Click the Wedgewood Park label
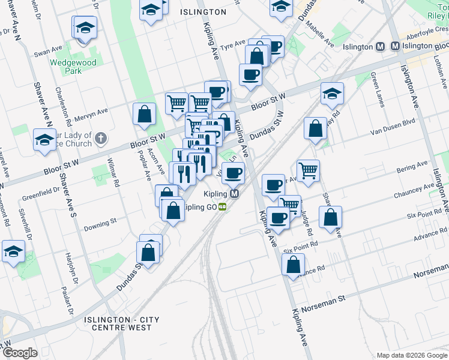coord(82,66)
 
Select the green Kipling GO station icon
coord(223,207)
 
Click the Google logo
coord(19,353)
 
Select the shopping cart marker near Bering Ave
coord(308,170)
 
